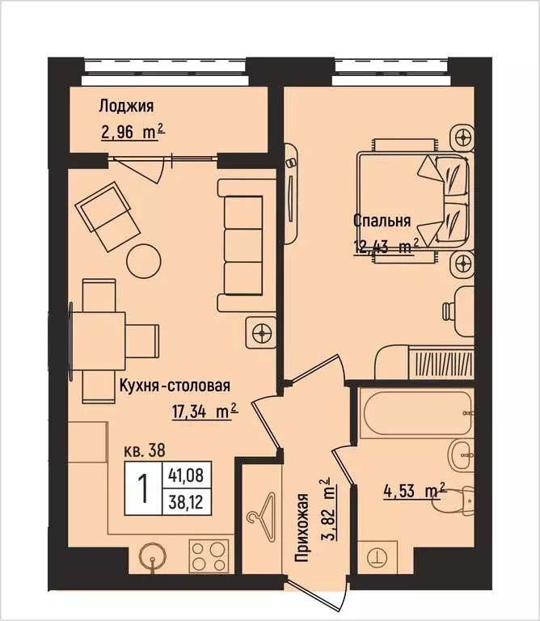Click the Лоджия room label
(x=126, y=106)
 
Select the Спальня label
(x=382, y=221)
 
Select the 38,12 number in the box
(x=182, y=501)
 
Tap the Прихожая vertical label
(x=303, y=526)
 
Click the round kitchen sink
(x=151, y=557)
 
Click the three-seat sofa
(x=240, y=246)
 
